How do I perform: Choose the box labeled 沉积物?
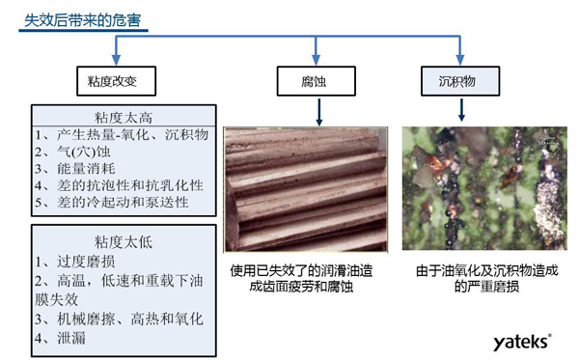pyautogui.click(x=453, y=81)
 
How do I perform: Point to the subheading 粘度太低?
pyautogui.click(x=117, y=240)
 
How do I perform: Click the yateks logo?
pyautogui.click(x=521, y=342)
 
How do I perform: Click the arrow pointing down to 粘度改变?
pyautogui.click(x=115, y=54)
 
